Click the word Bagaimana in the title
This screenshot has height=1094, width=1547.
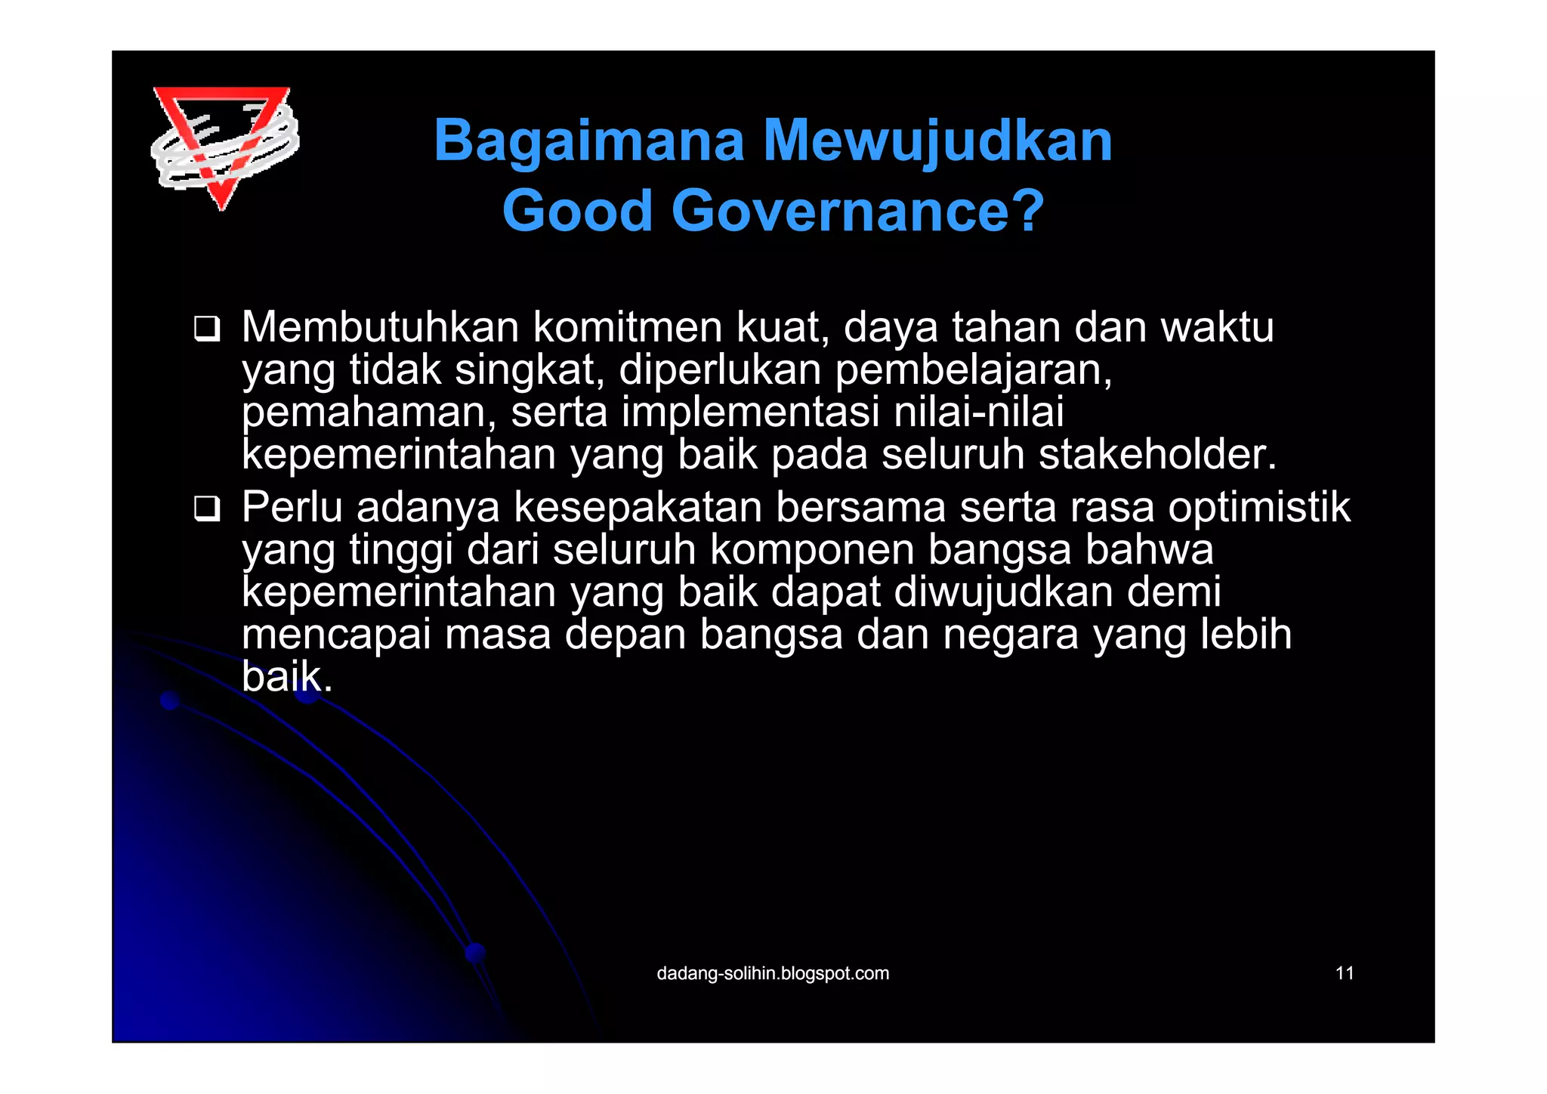[x=588, y=141]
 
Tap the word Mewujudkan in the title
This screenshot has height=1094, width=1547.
[x=937, y=141]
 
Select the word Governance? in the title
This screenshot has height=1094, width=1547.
[x=857, y=211]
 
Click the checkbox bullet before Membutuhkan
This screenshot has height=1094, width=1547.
[x=206, y=329]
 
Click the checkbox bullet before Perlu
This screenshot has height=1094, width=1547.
[x=206, y=508]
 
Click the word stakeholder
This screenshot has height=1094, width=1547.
[x=1156, y=455]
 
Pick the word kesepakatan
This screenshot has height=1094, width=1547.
[x=638, y=507]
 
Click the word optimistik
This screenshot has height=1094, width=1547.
[x=1258, y=507]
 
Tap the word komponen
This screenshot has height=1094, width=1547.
[x=811, y=550]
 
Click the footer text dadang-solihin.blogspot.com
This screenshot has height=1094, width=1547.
[x=773, y=973]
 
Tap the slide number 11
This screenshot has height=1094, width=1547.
[x=1345, y=973]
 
